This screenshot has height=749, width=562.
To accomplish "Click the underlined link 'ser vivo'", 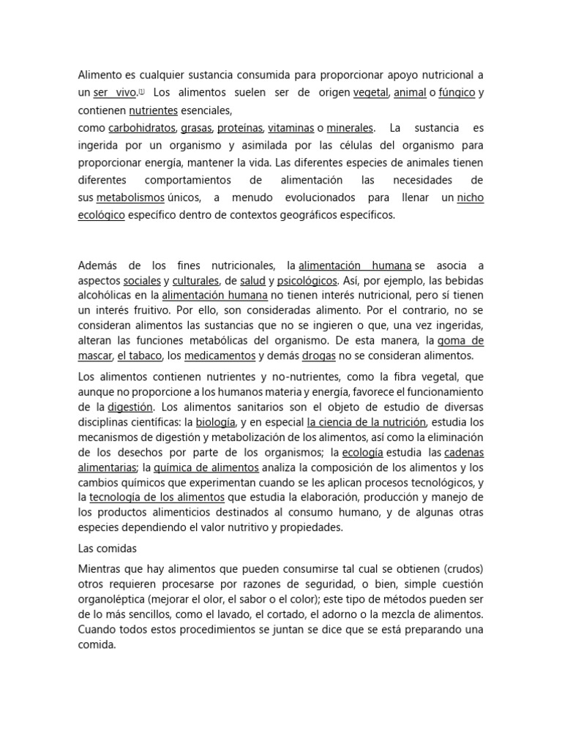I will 115,93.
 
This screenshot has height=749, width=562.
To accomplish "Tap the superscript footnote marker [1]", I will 141,91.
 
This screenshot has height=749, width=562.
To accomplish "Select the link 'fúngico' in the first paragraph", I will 457,93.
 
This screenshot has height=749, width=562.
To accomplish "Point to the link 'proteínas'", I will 239,128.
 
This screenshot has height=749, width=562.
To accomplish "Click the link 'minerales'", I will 350,128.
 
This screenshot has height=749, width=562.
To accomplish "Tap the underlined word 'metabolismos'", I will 130,197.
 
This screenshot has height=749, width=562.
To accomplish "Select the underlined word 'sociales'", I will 142,281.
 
